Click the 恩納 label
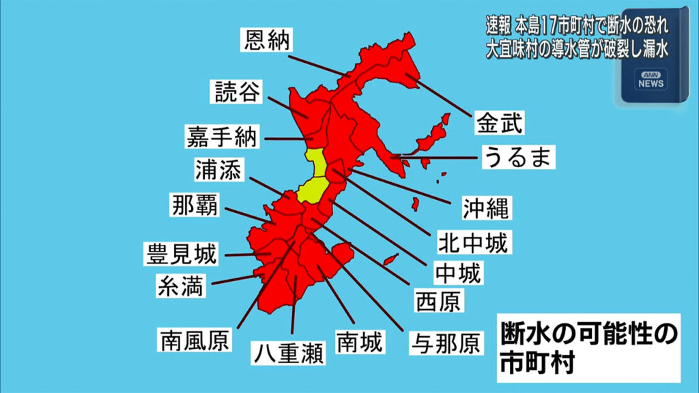click(x=267, y=40)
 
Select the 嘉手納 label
click(x=222, y=136)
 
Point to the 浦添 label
click(x=217, y=171)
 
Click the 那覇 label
click(x=195, y=205)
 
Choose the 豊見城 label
click(x=181, y=254)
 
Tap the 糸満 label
click(x=180, y=286)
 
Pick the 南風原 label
click(x=195, y=338)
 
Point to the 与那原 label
click(x=444, y=342)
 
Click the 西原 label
click(x=439, y=300)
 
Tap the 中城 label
click(x=458, y=272)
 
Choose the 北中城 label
click(x=473, y=241)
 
